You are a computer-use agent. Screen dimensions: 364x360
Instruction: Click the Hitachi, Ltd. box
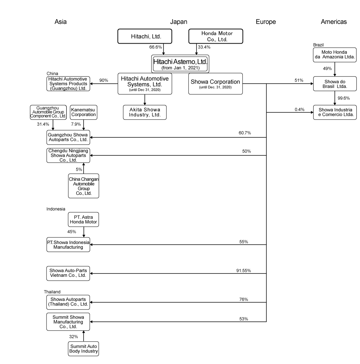[145, 36]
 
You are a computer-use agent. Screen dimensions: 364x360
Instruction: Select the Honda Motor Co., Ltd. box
[216, 36]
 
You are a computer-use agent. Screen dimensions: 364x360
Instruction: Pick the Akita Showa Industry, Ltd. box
[145, 112]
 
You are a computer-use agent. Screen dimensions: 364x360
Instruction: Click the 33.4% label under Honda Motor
[204, 47]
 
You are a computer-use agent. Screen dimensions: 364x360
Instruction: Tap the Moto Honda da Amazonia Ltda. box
[335, 55]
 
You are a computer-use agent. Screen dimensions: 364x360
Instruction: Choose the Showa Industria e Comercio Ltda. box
[335, 112]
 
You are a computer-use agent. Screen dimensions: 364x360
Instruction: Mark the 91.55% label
[243, 270]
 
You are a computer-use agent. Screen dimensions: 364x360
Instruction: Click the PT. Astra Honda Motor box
[84, 219]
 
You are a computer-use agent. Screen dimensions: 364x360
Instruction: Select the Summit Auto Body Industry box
[84, 349]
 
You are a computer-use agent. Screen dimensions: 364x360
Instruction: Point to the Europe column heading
[266, 22]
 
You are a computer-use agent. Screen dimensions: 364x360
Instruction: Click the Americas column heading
[334, 22]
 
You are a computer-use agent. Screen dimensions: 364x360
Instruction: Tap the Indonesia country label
[56, 209]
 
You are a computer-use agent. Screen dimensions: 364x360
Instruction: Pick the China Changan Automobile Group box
[84, 186]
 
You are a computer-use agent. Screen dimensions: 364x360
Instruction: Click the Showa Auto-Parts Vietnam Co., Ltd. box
[68, 274]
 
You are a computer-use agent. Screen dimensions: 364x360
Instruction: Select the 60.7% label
[244, 133]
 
